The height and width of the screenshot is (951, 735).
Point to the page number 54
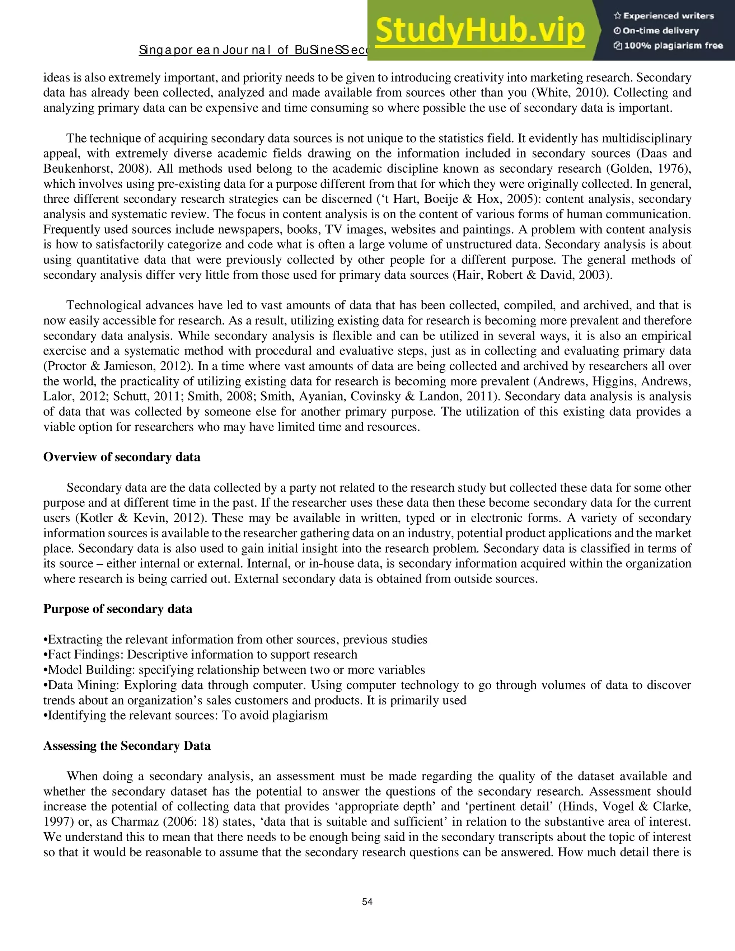click(367, 902)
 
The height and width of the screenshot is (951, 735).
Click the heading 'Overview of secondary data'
click(122, 457)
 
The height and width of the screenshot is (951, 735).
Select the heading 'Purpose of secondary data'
click(118, 609)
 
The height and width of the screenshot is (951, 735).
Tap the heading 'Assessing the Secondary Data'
click(127, 746)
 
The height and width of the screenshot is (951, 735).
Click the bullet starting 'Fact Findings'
click(200, 655)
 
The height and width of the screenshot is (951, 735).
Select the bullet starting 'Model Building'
click(234, 670)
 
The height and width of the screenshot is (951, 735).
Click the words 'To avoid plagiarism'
click(275, 716)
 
